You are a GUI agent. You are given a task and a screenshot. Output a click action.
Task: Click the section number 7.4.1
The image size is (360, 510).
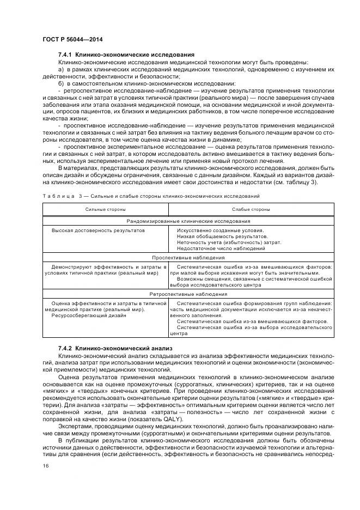65,55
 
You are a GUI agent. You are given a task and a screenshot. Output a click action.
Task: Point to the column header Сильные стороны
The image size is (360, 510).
106,209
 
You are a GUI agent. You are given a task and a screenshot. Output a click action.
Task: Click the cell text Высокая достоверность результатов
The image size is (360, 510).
98,230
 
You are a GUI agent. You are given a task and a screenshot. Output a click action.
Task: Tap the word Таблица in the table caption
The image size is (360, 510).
56,196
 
